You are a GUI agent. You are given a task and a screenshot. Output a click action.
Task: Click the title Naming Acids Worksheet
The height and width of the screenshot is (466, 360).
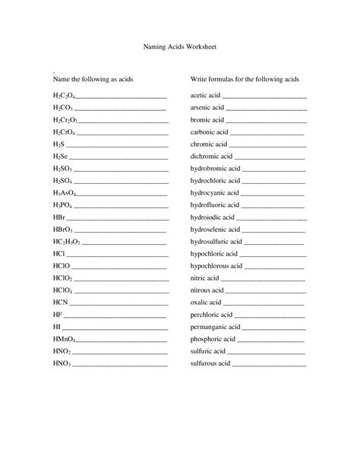pos(180,46)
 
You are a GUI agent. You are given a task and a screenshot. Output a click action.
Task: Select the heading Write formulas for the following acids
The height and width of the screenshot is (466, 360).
pos(245,79)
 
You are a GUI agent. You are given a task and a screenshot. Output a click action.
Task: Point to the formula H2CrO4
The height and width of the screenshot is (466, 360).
pos(63,132)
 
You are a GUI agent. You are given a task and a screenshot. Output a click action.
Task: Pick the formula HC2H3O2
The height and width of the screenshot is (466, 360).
pos(67,242)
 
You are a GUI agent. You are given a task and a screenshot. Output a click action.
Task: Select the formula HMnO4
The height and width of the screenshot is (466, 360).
pos(64,339)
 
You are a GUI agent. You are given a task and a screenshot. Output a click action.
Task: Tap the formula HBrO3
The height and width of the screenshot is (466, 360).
pos(63,230)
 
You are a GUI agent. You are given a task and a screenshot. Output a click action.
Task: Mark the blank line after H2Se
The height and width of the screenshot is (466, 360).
pos(118,157)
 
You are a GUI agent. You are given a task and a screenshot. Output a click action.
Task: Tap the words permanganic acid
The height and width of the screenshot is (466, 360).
pos(215,327)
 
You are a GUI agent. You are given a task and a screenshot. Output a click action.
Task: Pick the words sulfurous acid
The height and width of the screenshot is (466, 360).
pos(210,363)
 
